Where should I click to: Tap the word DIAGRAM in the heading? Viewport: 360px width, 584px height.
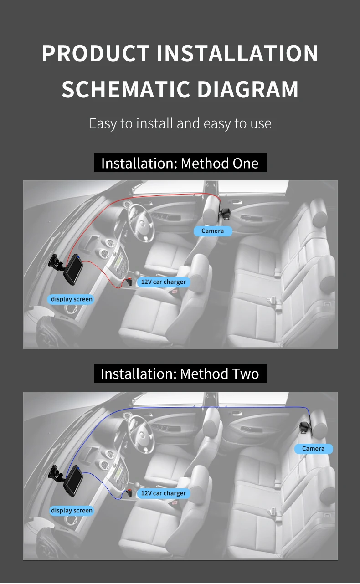click(247, 89)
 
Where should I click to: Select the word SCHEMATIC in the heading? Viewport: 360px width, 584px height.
click(125, 89)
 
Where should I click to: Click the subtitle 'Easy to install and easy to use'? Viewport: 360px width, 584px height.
click(180, 123)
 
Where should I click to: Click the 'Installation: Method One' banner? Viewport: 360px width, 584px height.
click(180, 163)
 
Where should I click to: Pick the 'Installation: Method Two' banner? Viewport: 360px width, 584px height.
click(180, 373)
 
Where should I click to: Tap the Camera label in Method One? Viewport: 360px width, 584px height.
click(213, 231)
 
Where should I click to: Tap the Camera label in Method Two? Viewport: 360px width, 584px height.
click(314, 449)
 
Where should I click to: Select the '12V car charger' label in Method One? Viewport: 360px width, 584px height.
click(163, 282)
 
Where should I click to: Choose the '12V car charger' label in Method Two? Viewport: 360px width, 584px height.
click(163, 493)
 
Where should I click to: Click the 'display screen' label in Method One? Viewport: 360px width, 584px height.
click(71, 299)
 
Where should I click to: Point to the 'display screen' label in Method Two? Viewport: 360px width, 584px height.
click(72, 511)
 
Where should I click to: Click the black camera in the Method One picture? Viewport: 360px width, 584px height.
click(225, 214)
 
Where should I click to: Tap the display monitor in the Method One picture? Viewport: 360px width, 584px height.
click(73, 269)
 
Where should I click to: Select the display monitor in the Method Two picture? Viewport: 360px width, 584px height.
click(73, 481)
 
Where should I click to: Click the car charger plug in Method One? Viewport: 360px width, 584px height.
click(129, 282)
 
